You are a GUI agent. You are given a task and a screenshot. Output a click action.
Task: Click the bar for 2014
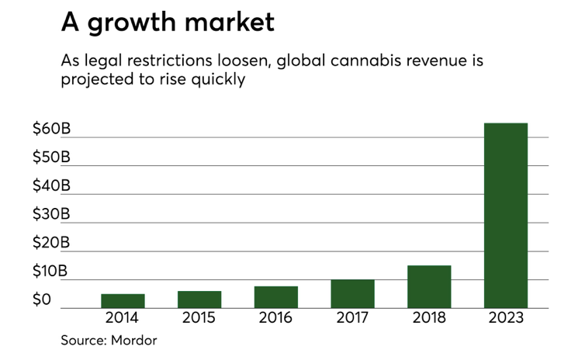123,301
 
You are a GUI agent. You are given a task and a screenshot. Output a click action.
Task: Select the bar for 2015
199,299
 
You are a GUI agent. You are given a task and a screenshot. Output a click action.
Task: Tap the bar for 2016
275,297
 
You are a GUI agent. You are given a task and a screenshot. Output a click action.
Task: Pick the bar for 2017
352,294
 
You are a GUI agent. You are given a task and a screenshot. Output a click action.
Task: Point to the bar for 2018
429,287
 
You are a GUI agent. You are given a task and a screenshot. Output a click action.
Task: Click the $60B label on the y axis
51,129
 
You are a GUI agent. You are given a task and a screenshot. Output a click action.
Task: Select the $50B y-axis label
51,157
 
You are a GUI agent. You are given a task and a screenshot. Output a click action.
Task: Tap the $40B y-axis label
51,186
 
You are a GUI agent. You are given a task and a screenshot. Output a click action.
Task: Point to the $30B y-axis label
51,214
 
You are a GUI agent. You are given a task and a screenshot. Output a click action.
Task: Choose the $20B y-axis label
51,243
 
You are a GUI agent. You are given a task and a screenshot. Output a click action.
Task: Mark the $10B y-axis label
51,272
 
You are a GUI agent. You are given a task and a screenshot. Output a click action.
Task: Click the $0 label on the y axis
43,299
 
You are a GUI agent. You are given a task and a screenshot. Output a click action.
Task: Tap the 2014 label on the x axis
123,318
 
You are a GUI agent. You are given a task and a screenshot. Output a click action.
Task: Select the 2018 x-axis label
429,318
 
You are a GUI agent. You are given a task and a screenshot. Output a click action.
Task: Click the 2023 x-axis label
506,318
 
